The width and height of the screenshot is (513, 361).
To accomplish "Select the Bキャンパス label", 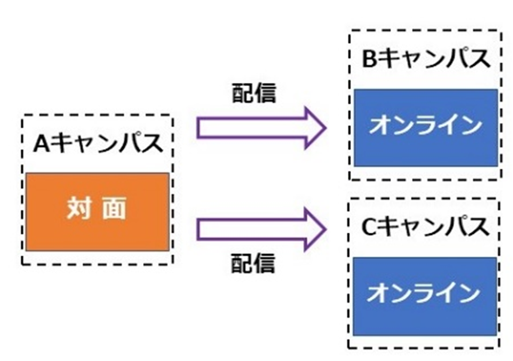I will (426, 60).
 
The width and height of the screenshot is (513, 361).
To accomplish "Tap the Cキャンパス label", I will (425, 228).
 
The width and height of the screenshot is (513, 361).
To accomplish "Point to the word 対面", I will (97, 208).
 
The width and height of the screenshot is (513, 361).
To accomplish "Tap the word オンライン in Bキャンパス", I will (426, 126).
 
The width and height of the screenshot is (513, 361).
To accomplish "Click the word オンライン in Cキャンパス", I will (424, 294).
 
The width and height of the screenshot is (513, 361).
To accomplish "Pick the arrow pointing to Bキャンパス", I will (261, 128).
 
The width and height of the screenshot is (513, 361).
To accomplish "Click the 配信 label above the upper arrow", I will (254, 94).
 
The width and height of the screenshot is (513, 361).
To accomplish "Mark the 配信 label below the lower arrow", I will (253, 264).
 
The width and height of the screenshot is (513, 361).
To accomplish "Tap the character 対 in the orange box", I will (79, 208).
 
